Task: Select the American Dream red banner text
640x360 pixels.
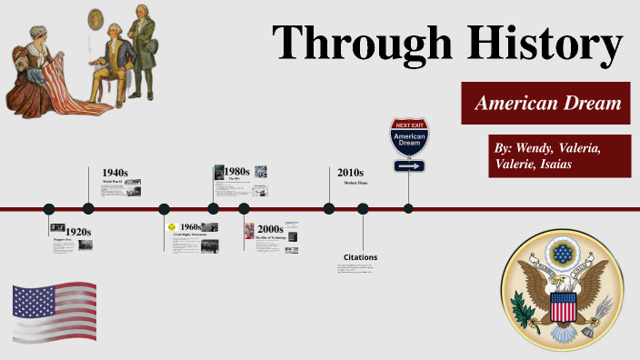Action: tap(545, 104)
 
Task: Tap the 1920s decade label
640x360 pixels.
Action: tap(78, 232)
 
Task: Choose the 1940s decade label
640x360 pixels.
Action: tap(115, 172)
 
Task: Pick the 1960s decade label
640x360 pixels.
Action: tap(190, 227)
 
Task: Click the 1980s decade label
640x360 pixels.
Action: tap(236, 171)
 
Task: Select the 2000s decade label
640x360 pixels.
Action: tap(271, 228)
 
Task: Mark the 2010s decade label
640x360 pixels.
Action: tap(350, 172)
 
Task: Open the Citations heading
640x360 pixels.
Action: tap(360, 257)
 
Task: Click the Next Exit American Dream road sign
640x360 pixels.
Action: tap(408, 138)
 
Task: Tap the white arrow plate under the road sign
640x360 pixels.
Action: tap(408, 166)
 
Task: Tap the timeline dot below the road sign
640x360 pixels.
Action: tap(408, 208)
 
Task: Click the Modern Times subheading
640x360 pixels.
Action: tap(355, 184)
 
